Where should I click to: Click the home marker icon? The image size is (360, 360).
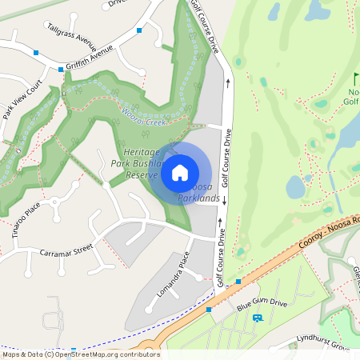[180, 172]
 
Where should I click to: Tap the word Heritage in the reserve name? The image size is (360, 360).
[142, 152]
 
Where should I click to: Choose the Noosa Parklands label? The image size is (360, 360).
[199, 191]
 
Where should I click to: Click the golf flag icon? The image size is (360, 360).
[356, 78]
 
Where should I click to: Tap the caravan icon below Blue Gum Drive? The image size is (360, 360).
[258, 318]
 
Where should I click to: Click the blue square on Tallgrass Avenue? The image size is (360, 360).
[139, 30]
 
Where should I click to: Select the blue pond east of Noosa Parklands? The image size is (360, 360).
[295, 187]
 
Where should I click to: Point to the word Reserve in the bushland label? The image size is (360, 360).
[145, 174]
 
